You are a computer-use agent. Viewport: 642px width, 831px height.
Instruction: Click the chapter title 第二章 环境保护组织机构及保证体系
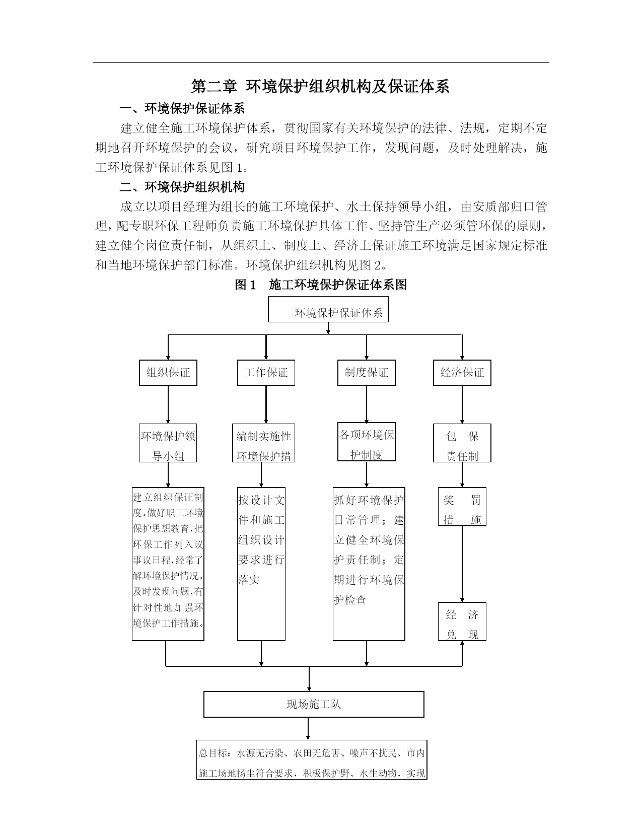point(320,87)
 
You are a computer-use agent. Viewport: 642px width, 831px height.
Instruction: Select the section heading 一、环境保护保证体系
point(182,109)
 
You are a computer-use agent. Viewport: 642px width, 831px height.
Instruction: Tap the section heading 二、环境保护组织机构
point(182,187)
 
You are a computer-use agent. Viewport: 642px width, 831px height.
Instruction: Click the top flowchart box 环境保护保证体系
point(328,309)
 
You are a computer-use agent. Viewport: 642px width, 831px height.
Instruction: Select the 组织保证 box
point(168,373)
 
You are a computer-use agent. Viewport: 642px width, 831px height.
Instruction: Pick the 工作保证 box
point(266,373)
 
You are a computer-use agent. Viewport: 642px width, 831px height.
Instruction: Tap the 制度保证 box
point(366,373)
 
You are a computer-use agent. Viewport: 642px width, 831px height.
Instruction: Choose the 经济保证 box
point(462,373)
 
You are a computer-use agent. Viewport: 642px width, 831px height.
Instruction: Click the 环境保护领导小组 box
point(168,443)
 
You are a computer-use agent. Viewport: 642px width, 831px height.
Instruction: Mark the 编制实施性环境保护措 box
point(263,443)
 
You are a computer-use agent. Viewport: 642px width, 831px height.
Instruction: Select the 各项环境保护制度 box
point(366,442)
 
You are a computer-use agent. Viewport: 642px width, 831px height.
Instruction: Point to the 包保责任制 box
point(462,443)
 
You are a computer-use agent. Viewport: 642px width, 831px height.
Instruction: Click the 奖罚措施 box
point(462,507)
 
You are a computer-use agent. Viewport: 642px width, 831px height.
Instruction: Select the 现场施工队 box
point(314,704)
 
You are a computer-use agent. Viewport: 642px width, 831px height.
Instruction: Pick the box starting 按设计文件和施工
point(261,564)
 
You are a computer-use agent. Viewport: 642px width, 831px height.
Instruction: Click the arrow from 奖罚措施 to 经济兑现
point(462,564)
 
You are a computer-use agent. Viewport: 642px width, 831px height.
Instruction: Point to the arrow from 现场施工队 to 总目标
point(308,729)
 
